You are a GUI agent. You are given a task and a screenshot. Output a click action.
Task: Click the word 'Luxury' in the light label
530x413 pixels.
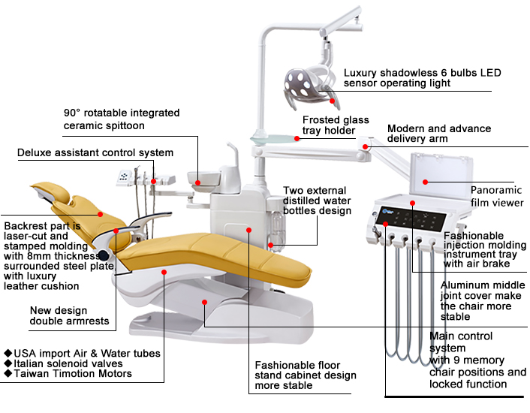tap(363, 74)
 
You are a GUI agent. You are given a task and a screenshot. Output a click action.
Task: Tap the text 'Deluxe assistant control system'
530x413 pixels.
tap(95, 152)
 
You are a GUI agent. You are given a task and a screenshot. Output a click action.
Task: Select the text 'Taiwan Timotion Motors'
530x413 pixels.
tap(72, 374)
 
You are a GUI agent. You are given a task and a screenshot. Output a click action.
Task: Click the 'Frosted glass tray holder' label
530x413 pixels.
tap(336, 125)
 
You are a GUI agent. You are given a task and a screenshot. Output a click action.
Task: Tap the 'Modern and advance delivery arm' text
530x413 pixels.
tap(439, 134)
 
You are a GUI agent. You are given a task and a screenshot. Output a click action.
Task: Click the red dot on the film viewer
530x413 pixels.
tap(424, 182)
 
